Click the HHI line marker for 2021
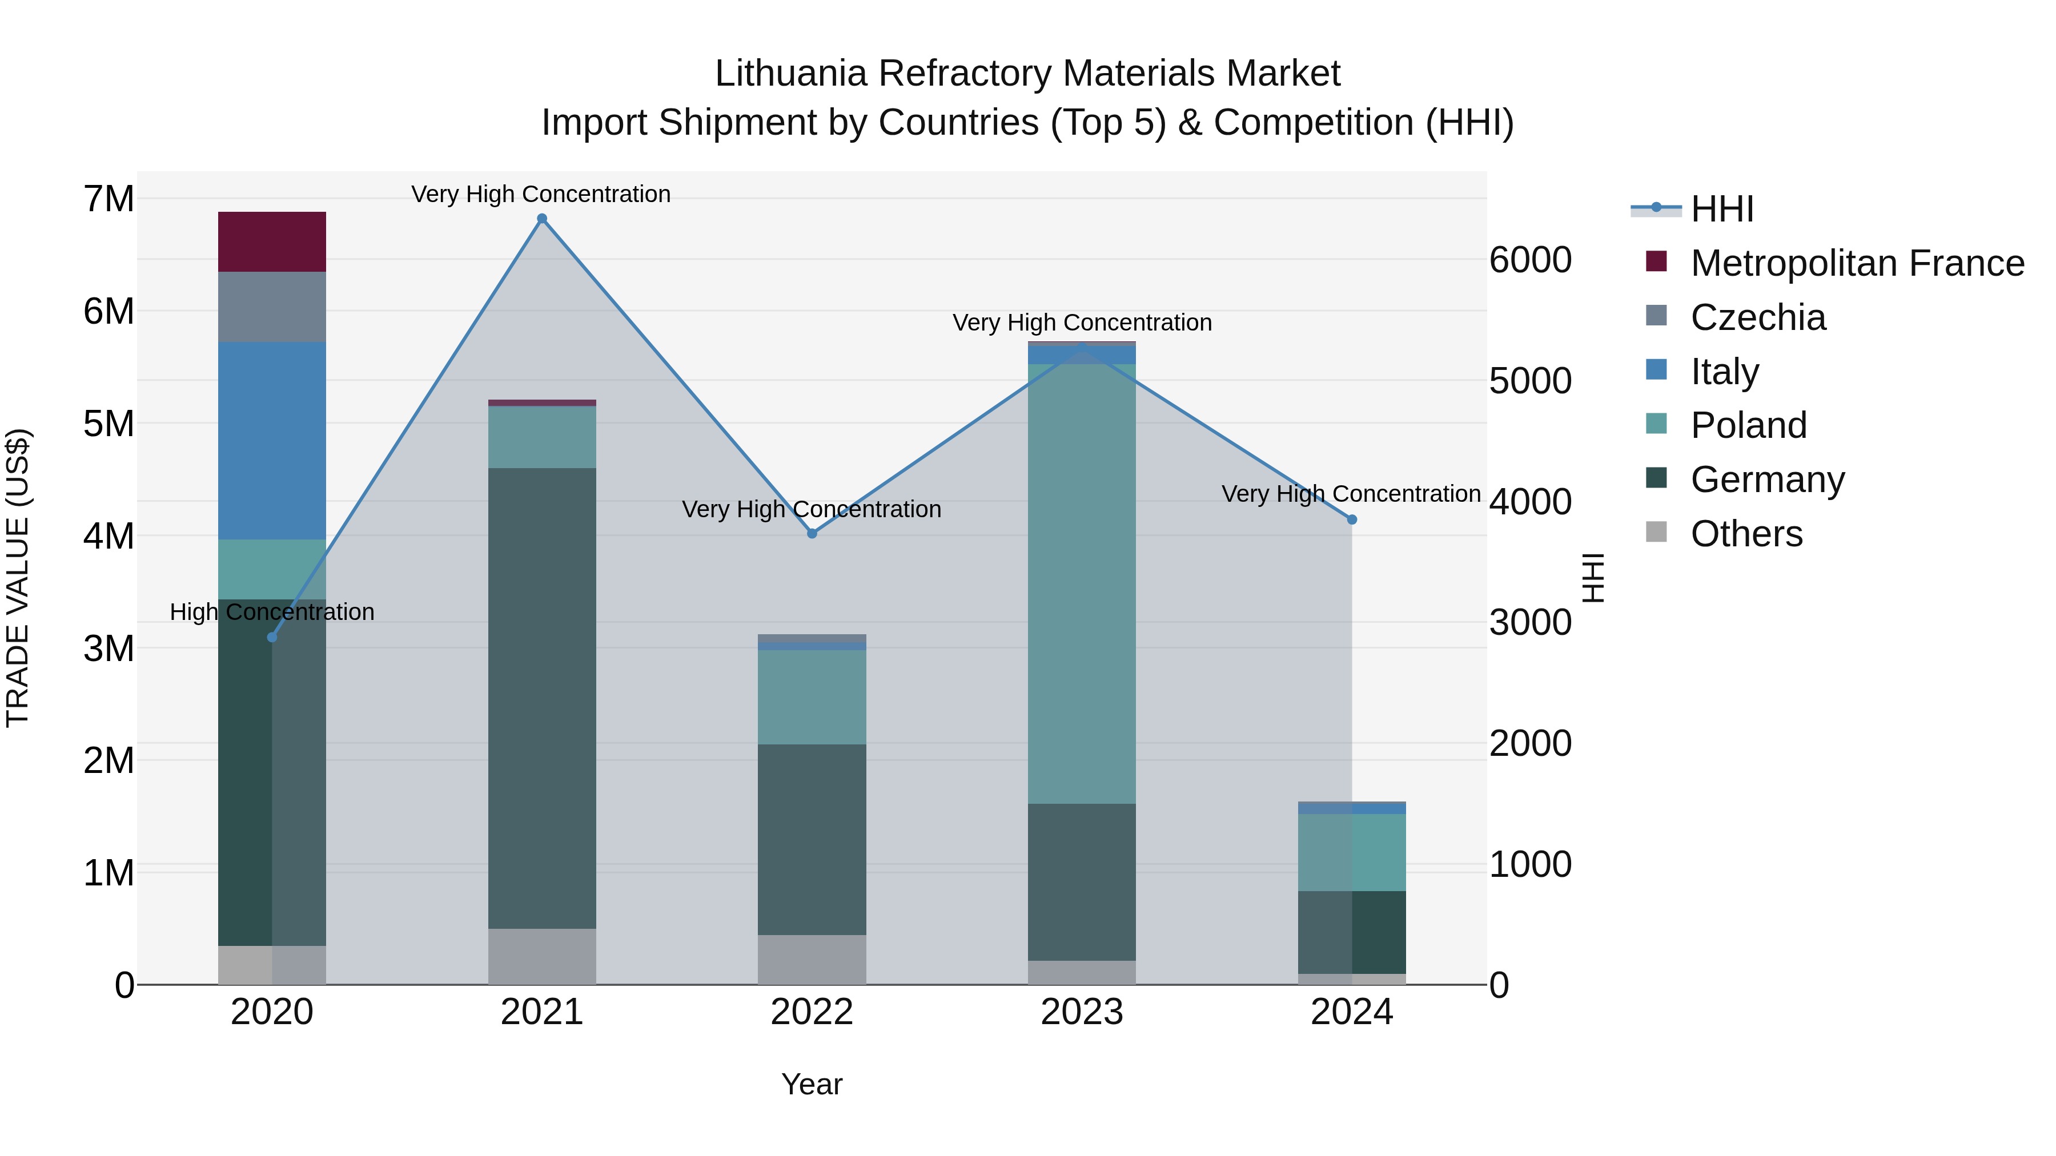[x=542, y=219]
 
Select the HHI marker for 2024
[x=1352, y=519]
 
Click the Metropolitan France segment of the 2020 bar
[x=272, y=241]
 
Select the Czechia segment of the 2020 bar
[x=272, y=307]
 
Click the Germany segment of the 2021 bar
[x=542, y=698]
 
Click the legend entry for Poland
[x=1748, y=425]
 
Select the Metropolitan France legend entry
[x=1857, y=263]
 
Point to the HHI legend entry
[x=1721, y=209]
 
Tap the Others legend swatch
[x=1656, y=532]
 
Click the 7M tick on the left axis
[x=109, y=199]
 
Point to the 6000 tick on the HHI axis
[x=1530, y=260]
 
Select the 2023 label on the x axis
[x=1082, y=1012]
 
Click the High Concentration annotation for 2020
[x=272, y=612]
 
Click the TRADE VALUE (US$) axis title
[x=18, y=578]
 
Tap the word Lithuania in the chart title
[x=790, y=74]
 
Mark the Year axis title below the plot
[x=812, y=1084]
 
